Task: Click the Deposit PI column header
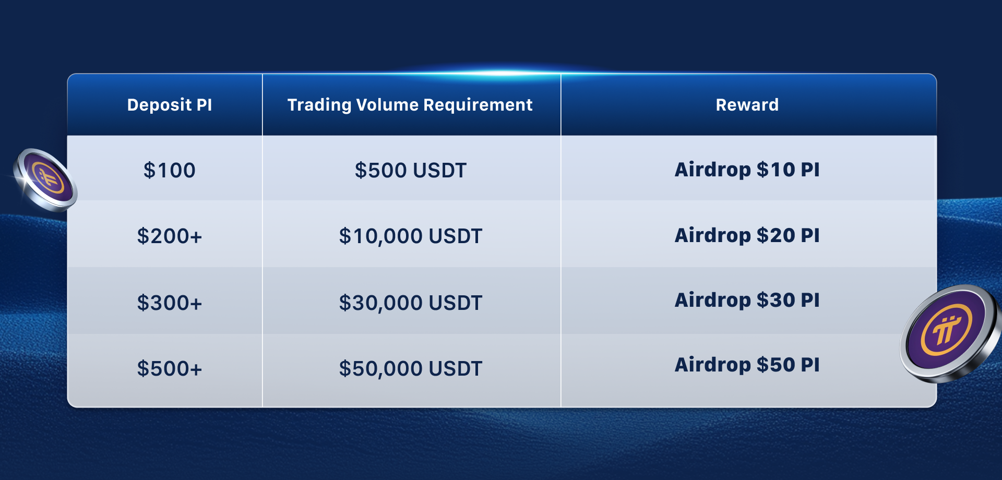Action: coord(170,105)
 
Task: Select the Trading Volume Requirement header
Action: coord(410,105)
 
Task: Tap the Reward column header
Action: coord(747,105)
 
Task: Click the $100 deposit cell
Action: coord(170,170)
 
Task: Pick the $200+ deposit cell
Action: coord(170,236)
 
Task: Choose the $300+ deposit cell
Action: coord(170,303)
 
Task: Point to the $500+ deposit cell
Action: coord(170,368)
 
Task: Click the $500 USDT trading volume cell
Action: coord(411,170)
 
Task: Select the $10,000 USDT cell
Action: coord(411,236)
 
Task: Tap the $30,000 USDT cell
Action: coord(411,303)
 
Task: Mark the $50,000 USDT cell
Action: coord(411,368)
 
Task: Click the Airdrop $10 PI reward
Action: coord(747,170)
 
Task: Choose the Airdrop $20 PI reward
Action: coord(747,235)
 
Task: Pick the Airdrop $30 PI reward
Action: coord(747,300)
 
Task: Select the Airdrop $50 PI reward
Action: coord(747,365)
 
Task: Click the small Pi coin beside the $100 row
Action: coord(46,179)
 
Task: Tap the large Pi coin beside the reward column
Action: coord(951,333)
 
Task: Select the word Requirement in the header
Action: coord(478,105)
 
